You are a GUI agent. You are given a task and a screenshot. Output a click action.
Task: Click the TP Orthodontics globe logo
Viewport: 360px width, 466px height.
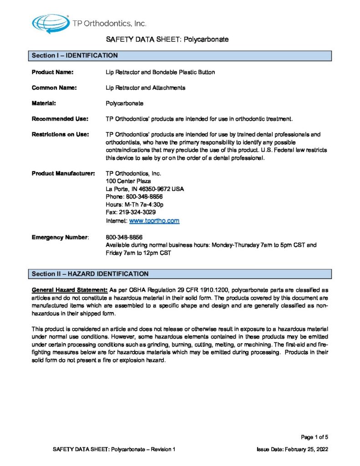50,22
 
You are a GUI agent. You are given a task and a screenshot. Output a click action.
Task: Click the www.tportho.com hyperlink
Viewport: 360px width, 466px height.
154,221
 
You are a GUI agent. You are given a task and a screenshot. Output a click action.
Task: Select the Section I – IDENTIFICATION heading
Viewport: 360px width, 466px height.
75,56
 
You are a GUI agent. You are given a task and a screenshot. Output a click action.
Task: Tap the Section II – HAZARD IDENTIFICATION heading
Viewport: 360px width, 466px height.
90,274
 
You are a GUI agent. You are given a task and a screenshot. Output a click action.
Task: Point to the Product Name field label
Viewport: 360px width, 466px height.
52,72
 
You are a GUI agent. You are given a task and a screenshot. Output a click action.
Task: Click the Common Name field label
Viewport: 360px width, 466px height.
54,88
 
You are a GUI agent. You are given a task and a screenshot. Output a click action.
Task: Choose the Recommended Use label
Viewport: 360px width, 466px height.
60,119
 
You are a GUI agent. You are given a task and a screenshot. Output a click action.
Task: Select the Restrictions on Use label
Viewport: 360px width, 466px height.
60,135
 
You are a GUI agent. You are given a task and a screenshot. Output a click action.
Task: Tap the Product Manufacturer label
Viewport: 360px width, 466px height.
63,173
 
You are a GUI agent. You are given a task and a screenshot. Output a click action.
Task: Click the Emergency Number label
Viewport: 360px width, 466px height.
60,238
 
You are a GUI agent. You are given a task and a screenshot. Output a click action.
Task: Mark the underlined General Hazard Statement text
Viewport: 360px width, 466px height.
70,290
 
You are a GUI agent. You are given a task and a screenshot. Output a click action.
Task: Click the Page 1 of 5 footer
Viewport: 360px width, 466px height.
314,437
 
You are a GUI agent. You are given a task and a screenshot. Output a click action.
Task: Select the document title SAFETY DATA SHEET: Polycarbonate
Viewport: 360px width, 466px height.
167,40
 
